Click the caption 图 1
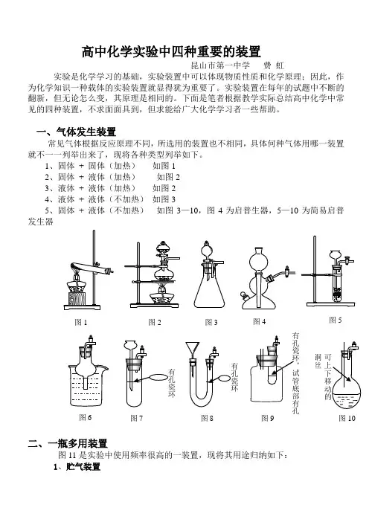(x=81, y=322)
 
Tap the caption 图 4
(x=260, y=321)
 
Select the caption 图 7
(x=137, y=418)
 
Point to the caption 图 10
(x=347, y=418)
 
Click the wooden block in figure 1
(x=77, y=298)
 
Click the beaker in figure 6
(x=88, y=386)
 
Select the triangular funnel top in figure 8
(x=193, y=348)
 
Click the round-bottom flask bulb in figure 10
(x=346, y=393)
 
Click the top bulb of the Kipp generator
(x=260, y=262)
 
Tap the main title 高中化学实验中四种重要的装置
(x=171, y=51)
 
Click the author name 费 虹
(x=274, y=65)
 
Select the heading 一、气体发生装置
(x=76, y=132)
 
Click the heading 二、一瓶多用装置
(x=68, y=444)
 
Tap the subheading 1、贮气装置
(x=77, y=466)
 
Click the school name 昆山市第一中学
(x=220, y=65)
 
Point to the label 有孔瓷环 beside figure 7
(x=172, y=382)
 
